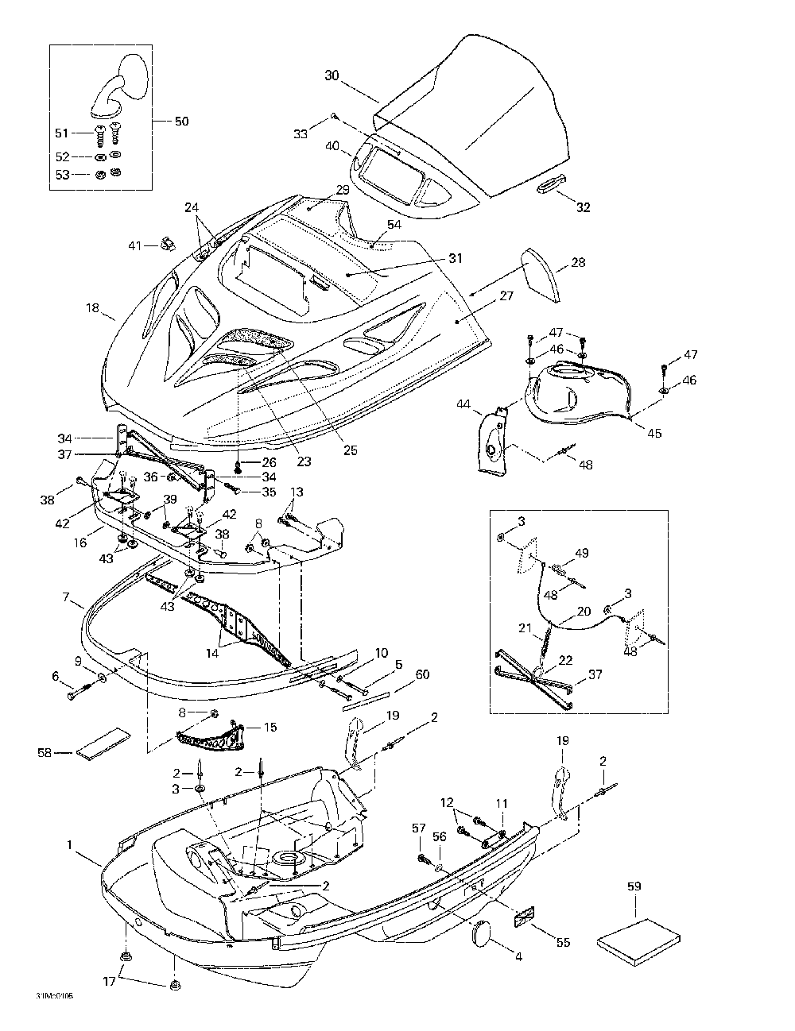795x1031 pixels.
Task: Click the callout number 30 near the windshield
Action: [x=332, y=75]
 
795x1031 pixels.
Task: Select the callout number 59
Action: [x=634, y=886]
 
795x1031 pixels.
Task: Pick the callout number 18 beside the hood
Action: [x=92, y=307]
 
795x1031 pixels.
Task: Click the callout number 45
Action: [x=654, y=433]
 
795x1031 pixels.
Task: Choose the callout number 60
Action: [x=422, y=674]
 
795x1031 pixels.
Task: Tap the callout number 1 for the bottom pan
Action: [x=69, y=844]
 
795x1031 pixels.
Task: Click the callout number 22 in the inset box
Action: [x=565, y=660]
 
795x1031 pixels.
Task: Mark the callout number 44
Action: [x=463, y=404]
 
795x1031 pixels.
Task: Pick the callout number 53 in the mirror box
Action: [x=62, y=175]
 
